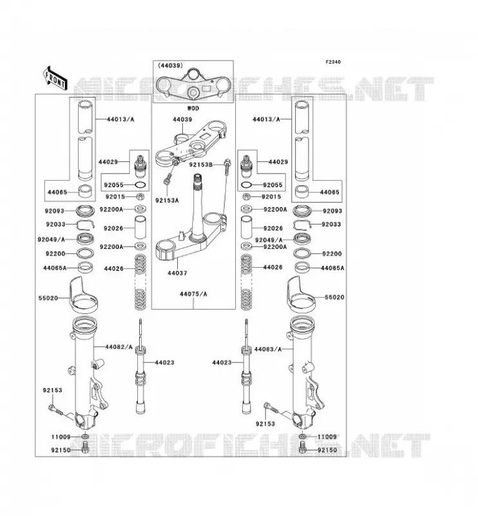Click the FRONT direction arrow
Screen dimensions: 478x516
(55, 78)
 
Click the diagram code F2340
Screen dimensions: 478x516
(333, 62)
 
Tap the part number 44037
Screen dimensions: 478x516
(177, 273)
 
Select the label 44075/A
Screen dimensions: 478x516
(193, 294)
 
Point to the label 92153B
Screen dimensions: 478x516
(200, 164)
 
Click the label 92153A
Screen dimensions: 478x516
(167, 200)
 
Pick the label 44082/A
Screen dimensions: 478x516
(119, 347)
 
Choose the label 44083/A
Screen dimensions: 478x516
(268, 349)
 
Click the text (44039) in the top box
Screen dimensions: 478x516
(170, 66)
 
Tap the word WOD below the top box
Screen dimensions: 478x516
(193, 108)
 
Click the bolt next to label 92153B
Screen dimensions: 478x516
(227, 166)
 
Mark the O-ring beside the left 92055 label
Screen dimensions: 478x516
(140, 185)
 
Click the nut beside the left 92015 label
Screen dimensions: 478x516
(140, 197)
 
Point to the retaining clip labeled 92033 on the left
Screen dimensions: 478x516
(85, 224)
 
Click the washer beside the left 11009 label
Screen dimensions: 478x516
(85, 437)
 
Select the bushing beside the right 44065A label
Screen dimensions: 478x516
(302, 267)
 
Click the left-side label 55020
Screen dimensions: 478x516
(48, 298)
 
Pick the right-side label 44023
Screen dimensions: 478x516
(222, 362)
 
